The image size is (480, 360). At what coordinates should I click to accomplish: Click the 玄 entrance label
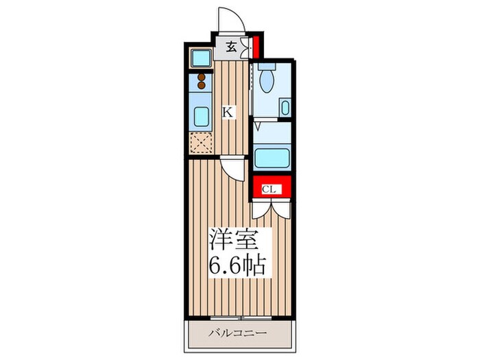pos(231,47)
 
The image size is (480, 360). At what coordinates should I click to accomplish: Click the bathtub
pos(272,158)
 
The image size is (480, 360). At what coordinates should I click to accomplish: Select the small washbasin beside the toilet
pos(285,108)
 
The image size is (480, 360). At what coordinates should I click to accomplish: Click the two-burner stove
pos(202,82)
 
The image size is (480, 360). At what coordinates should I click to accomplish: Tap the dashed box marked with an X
pos(202,143)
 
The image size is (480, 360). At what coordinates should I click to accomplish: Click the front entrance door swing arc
pos(228,19)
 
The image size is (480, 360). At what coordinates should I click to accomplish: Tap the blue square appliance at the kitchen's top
pos(200,58)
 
